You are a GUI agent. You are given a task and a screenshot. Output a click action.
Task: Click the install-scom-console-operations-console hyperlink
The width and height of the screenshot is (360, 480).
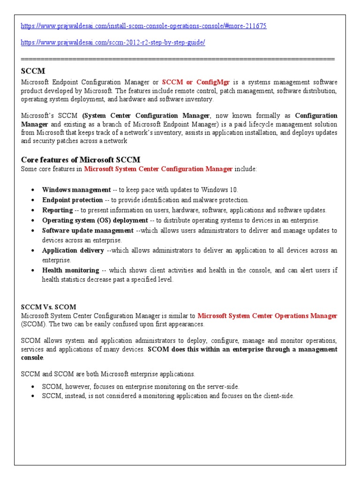(x=144, y=26)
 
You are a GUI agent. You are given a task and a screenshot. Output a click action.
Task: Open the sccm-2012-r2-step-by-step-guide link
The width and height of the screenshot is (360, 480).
(x=113, y=43)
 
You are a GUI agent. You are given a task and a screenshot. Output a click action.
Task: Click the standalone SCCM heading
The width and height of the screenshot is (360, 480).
(x=33, y=71)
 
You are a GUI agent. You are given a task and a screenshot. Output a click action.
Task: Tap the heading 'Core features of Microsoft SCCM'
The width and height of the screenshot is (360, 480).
(x=81, y=160)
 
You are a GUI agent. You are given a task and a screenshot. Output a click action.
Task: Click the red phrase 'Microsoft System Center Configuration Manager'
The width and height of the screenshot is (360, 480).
(x=158, y=169)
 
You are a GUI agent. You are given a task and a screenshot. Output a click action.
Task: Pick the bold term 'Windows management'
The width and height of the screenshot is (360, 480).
(x=76, y=190)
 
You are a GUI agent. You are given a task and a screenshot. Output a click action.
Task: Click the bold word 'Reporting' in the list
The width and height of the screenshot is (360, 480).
(x=57, y=210)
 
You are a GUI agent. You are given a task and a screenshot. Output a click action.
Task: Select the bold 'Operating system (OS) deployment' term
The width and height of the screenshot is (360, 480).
(x=95, y=220)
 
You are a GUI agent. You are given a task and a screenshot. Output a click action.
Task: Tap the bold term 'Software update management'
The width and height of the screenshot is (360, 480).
(x=88, y=231)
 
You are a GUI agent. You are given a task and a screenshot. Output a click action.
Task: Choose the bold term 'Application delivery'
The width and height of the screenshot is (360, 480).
(x=73, y=251)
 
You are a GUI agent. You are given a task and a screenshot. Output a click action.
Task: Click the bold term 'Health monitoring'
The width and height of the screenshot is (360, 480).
(x=70, y=270)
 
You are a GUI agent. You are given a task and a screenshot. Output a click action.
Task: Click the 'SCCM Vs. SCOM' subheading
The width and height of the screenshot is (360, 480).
(x=48, y=307)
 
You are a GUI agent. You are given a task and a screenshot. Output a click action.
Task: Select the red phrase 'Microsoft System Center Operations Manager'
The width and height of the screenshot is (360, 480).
(x=267, y=316)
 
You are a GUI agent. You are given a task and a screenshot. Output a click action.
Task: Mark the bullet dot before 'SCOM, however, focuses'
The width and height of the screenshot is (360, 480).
(x=32, y=387)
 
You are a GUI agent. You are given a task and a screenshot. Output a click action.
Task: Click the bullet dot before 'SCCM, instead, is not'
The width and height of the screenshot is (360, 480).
(x=32, y=396)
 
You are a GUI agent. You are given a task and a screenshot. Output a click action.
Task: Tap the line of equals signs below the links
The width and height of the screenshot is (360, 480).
(x=178, y=59)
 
